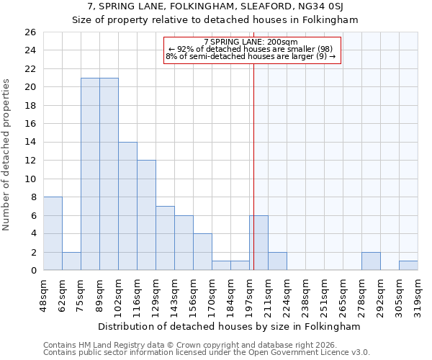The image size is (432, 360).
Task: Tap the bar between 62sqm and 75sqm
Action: click(x=71, y=261)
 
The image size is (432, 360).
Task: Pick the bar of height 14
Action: click(x=127, y=206)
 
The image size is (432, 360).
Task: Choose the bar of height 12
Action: click(x=146, y=215)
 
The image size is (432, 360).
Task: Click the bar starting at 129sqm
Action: click(x=165, y=238)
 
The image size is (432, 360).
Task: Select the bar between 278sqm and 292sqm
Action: click(x=371, y=261)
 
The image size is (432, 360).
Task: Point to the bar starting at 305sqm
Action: click(x=408, y=265)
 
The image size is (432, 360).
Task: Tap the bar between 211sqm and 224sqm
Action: click(x=277, y=261)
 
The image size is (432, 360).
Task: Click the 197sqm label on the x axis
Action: click(x=249, y=294)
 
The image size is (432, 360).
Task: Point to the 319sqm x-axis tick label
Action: click(x=418, y=294)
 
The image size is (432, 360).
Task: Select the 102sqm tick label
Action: click(x=118, y=294)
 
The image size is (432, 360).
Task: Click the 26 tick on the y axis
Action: click(x=30, y=32)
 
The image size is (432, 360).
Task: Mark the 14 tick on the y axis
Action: click(x=30, y=143)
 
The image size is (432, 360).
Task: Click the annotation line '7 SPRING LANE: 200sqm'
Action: click(x=251, y=42)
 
